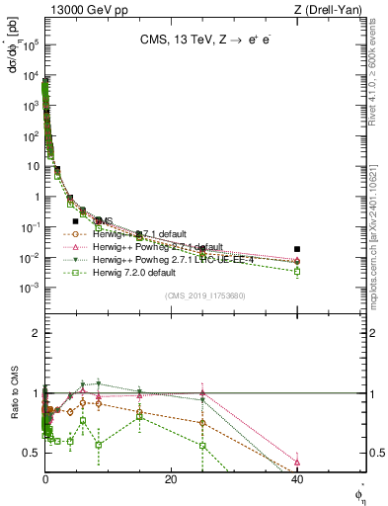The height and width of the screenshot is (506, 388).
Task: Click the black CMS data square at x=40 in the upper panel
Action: pyautogui.click(x=297, y=249)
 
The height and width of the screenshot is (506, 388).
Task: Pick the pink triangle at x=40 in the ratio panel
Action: pyautogui.click(x=297, y=462)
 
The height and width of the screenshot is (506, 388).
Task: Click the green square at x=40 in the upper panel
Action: pyautogui.click(x=297, y=271)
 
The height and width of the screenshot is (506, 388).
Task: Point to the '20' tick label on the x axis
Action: pyautogui.click(x=171, y=479)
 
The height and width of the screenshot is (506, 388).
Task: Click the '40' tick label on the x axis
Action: pyautogui.click(x=297, y=479)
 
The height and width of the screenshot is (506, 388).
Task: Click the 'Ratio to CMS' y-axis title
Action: pyautogui.click(x=13, y=406)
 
